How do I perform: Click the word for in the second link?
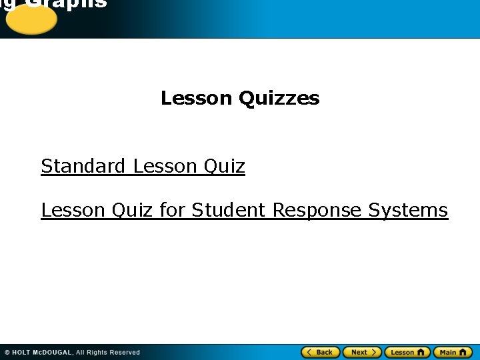173,211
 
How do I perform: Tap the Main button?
453,352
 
